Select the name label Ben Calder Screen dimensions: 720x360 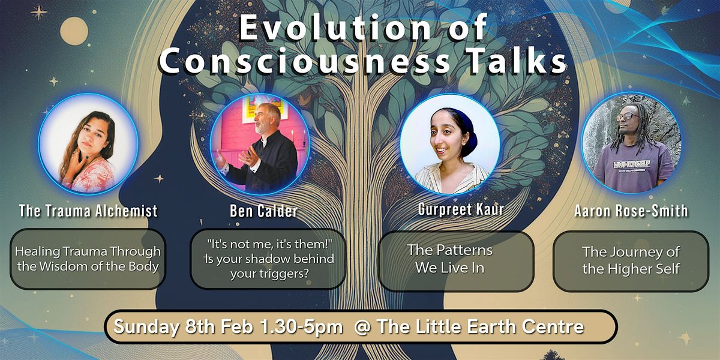(x=263, y=211)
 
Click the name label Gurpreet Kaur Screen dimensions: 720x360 (x=461, y=209)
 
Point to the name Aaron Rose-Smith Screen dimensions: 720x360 (x=631, y=211)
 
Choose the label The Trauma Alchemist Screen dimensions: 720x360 (x=88, y=211)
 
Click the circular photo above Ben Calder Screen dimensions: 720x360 (x=260, y=144)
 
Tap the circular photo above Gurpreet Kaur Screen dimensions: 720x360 (x=450, y=144)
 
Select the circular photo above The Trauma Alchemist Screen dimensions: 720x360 (x=88, y=144)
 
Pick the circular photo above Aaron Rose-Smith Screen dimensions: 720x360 (x=631, y=143)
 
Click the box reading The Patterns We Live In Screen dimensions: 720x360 (x=456, y=262)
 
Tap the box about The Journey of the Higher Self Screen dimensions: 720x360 (x=631, y=262)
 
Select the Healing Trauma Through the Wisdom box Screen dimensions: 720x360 (x=88, y=259)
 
